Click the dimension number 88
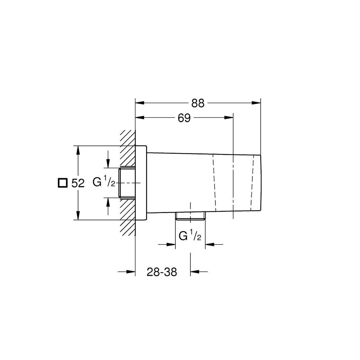click(198, 103)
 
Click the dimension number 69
click(184, 118)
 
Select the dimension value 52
click(78, 183)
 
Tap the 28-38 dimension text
click(162, 272)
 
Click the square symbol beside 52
click(62, 183)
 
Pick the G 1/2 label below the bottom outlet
click(190, 237)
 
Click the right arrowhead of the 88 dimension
click(256, 103)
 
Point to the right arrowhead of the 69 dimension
click(229, 118)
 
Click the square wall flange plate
click(141, 183)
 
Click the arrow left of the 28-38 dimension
click(130, 272)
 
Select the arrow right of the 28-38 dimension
click(195, 272)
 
